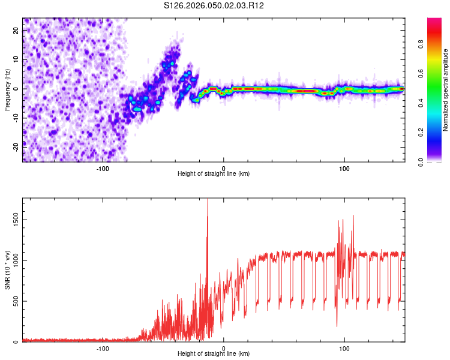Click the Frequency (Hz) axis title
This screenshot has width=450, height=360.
(8, 90)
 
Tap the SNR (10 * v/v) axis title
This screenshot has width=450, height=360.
(8, 270)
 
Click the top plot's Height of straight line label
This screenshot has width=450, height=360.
(214, 173)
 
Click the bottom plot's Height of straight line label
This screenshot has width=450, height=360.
(214, 353)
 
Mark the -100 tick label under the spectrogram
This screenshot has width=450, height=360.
(103, 169)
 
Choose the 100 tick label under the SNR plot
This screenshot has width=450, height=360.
(344, 349)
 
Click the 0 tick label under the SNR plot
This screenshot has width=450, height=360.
(224, 349)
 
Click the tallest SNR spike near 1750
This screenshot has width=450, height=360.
(208, 200)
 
